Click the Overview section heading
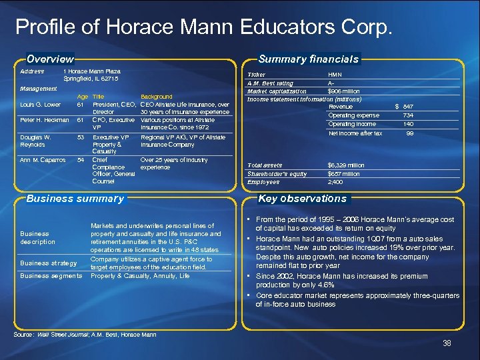point(49,59)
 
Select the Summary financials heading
point(309,59)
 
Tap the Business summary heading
point(75,199)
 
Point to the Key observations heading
point(302,199)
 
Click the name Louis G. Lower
point(40,105)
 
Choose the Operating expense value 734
point(408,115)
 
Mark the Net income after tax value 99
point(410,133)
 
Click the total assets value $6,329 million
point(346,165)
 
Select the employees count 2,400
point(336,182)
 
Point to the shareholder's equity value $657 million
point(344,174)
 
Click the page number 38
point(447,343)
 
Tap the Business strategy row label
point(49,263)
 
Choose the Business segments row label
point(51,275)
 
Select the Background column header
point(157,97)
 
